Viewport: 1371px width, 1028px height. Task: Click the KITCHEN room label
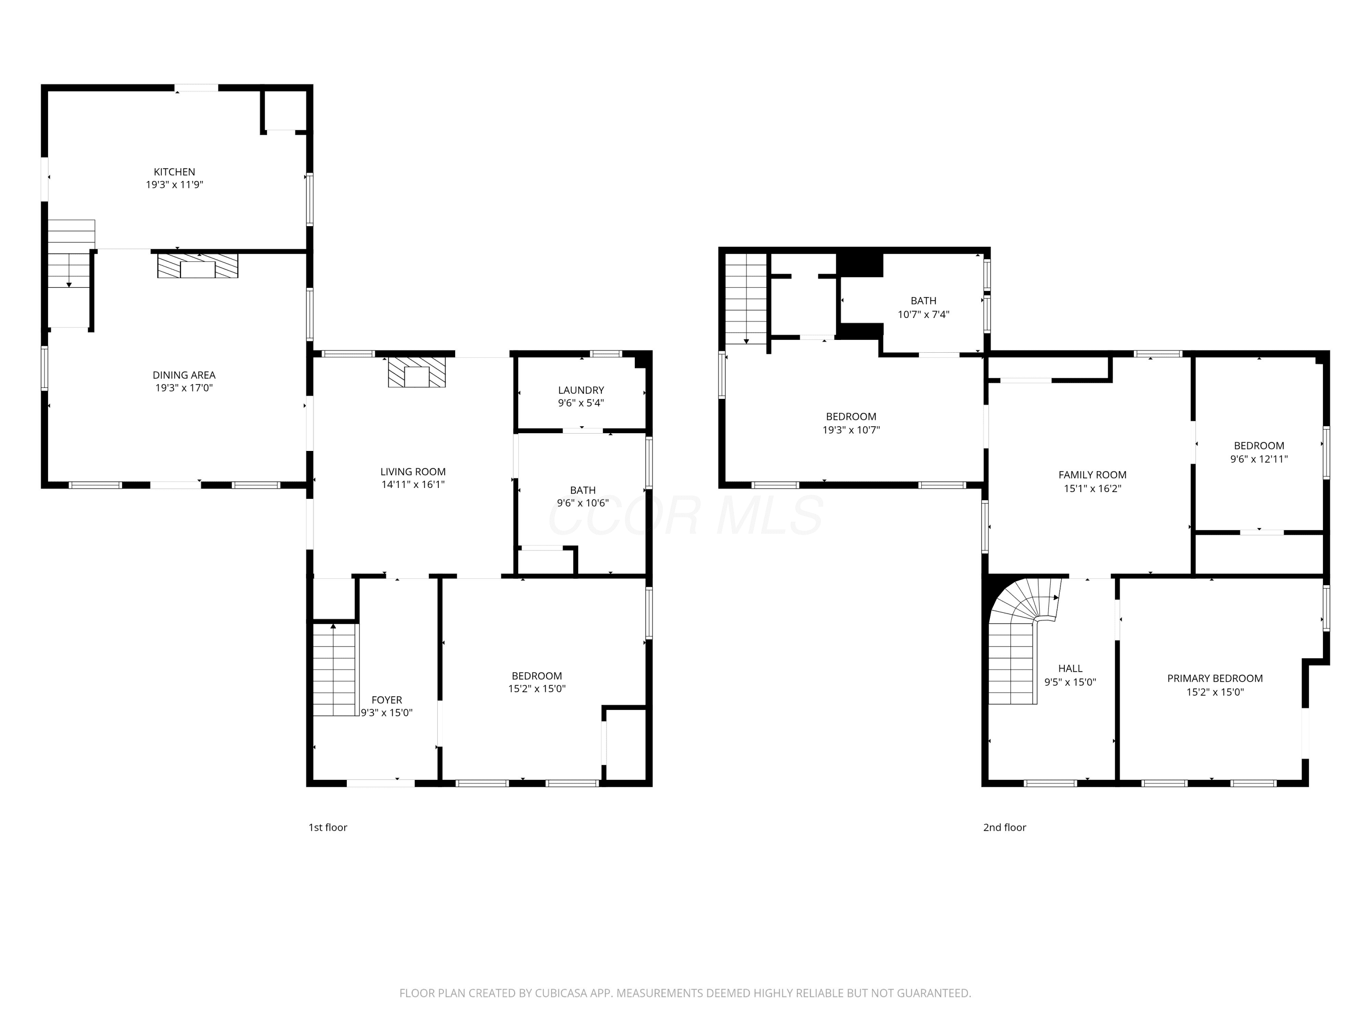[x=174, y=172]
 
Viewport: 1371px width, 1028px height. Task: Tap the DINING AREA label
[x=184, y=375]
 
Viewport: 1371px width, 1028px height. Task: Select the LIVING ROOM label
[x=413, y=472]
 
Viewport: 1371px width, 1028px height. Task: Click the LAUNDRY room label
[x=581, y=390]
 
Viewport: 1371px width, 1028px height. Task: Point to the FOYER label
[x=387, y=700]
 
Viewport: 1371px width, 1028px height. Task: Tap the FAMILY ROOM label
[x=1092, y=475]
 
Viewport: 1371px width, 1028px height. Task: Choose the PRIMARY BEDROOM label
[x=1215, y=678]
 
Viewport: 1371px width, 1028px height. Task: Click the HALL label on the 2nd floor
[x=1070, y=668]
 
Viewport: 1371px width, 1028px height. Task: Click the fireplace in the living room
[x=416, y=372]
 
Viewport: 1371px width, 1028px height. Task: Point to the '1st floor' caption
[x=328, y=827]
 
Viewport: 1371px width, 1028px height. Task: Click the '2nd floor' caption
[x=1004, y=827]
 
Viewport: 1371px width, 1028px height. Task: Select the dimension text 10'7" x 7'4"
[x=924, y=314]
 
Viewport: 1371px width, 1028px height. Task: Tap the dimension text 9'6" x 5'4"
[x=581, y=403]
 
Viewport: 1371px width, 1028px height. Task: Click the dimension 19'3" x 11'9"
[x=174, y=185]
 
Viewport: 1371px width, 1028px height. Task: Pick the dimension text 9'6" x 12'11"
[x=1259, y=459]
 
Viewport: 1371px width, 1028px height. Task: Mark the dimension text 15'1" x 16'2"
[x=1092, y=488]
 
